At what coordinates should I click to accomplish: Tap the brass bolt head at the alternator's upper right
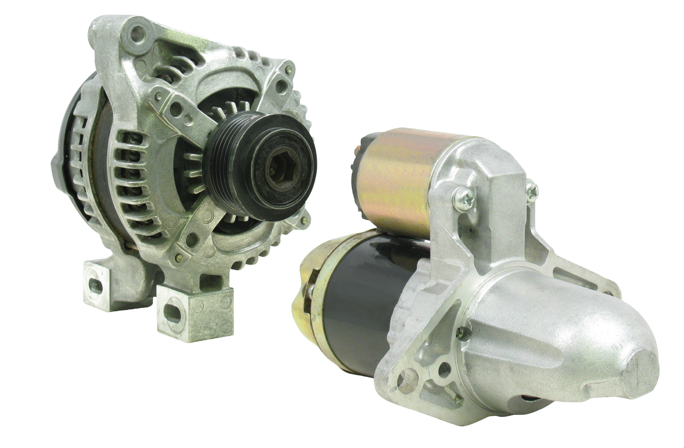(x=288, y=70)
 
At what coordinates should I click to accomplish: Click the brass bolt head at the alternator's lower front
(x=179, y=257)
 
